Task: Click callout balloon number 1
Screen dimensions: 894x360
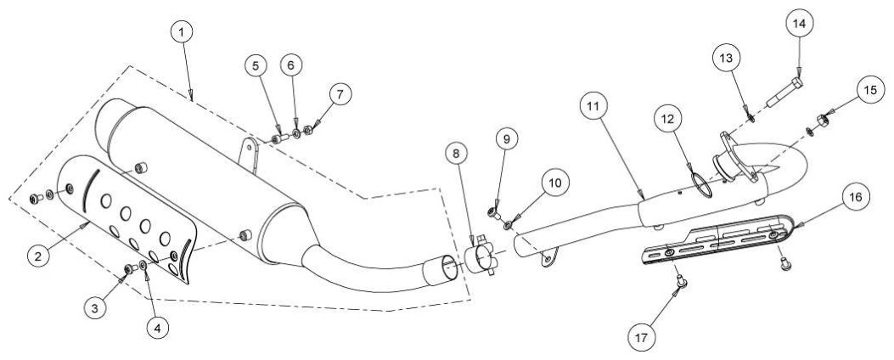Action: point(182,32)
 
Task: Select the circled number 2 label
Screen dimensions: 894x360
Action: point(37,256)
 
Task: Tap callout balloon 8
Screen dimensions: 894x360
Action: point(456,153)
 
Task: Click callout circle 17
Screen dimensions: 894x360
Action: point(642,338)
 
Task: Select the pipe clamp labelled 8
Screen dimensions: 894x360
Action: point(480,258)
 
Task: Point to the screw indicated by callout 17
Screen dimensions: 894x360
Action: point(679,280)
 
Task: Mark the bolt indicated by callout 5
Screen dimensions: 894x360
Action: point(277,138)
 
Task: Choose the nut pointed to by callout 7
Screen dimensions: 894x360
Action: point(308,131)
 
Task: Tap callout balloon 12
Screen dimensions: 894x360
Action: point(667,119)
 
